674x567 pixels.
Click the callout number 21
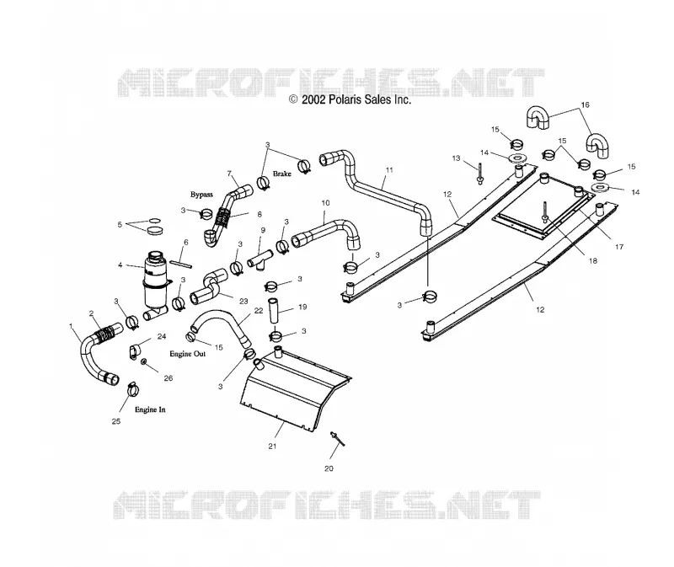(272, 447)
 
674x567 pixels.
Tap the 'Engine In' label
(150, 409)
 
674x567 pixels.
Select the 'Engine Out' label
(187, 354)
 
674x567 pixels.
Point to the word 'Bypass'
(201, 195)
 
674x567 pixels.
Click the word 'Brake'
(282, 174)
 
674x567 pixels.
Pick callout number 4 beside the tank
(120, 265)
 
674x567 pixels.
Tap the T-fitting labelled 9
(261, 260)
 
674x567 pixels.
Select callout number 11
(389, 170)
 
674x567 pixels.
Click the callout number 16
(585, 104)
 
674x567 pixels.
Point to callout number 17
(619, 247)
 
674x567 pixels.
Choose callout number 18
(593, 260)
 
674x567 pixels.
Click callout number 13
(456, 158)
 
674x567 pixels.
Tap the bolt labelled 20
(338, 439)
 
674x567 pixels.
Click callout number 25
(116, 421)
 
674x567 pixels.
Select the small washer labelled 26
(144, 361)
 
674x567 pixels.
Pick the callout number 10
(325, 202)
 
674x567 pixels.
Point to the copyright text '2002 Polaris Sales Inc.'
(356, 99)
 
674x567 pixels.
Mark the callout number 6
(185, 242)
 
